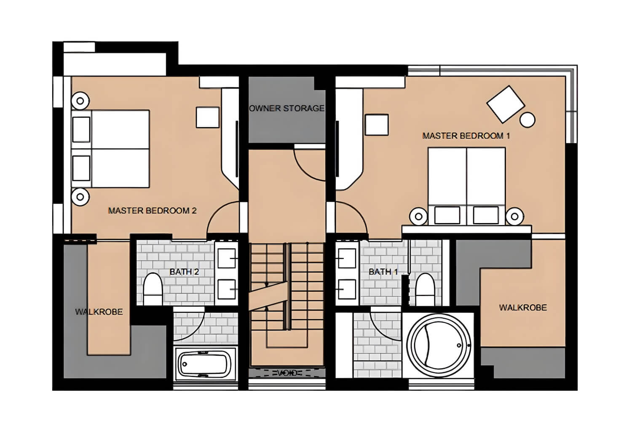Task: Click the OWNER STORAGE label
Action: (x=287, y=108)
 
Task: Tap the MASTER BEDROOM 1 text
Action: (x=466, y=136)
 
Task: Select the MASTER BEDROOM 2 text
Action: (x=152, y=210)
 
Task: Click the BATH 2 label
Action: (x=184, y=272)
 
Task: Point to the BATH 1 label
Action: (x=383, y=272)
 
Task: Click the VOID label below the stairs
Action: (x=287, y=373)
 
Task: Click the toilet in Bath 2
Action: (x=153, y=289)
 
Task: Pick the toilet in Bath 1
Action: (x=425, y=289)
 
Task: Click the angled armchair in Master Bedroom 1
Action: (x=506, y=104)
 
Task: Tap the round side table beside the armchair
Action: (x=528, y=120)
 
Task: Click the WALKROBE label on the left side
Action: (x=99, y=312)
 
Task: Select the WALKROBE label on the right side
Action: (x=523, y=308)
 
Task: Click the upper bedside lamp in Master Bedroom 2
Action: (x=80, y=101)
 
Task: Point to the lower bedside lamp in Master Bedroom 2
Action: (x=80, y=197)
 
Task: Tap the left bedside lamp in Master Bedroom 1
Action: (x=418, y=216)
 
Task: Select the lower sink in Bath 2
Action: (x=226, y=289)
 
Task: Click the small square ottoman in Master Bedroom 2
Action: (x=207, y=117)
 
